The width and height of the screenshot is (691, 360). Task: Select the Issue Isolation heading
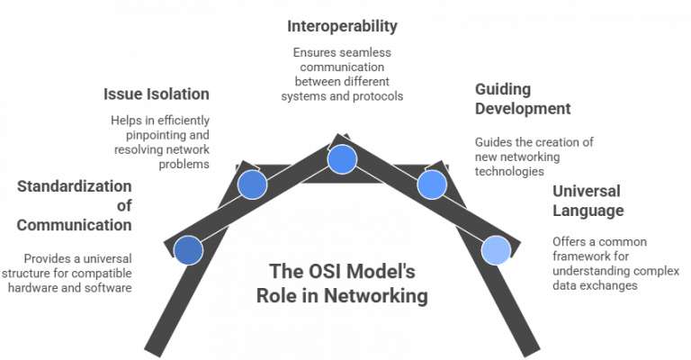[157, 94]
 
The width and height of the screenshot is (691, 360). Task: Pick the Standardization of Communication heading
[75, 206]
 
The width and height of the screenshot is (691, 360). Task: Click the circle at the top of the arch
[342, 159]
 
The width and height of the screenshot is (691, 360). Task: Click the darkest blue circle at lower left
[188, 249]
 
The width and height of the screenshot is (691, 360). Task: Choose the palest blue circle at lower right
[496, 249]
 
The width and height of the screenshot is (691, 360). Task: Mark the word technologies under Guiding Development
[508, 169]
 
